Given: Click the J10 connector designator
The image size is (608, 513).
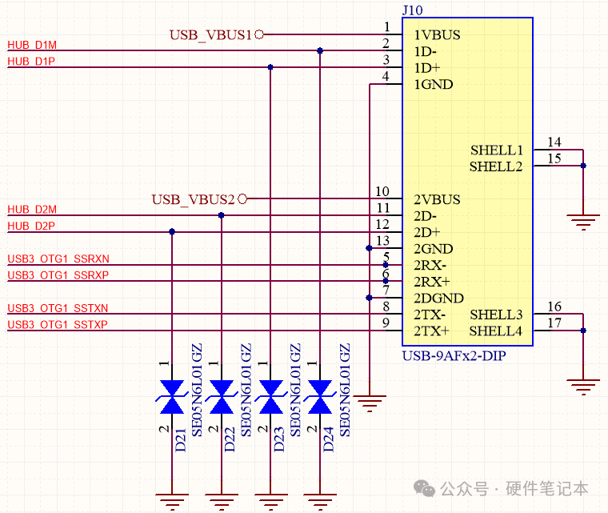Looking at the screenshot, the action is click(412, 10).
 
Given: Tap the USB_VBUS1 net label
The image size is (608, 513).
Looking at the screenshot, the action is click(210, 35).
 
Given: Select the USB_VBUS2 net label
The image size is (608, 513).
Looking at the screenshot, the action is click(193, 199).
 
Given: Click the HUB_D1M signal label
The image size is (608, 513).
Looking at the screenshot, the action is click(32, 45).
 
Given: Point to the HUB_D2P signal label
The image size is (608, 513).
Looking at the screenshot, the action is click(31, 226).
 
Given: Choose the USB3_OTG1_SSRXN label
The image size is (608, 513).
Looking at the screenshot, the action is click(58, 259).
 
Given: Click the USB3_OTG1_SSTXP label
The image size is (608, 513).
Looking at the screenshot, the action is click(58, 324).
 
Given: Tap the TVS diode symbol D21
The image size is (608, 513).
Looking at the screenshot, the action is click(172, 397).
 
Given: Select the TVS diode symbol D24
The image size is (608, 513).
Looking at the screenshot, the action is click(320, 397).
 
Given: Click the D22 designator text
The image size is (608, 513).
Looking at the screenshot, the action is click(230, 439).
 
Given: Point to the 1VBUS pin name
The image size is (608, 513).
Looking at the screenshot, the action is click(437, 35).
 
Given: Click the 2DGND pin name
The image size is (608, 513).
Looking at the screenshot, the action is click(438, 298).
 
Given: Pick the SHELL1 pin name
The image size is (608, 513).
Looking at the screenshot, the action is click(497, 150).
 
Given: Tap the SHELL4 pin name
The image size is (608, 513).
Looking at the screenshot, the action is click(495, 331).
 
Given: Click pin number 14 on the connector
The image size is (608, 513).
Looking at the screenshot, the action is click(554, 142).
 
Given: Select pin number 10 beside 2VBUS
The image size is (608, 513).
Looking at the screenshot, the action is click(382, 191).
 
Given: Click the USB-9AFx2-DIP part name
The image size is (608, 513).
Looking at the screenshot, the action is click(454, 355).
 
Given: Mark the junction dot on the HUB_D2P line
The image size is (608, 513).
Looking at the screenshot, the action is click(172, 231).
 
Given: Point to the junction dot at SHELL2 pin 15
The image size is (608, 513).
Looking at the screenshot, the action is click(583, 166).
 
